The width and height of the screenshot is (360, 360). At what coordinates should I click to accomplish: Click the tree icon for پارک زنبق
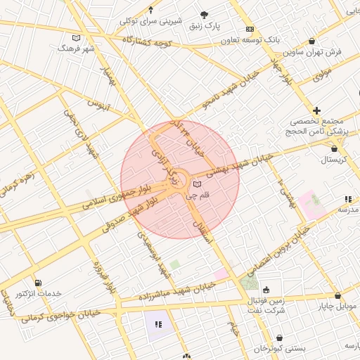click(x=204, y=15)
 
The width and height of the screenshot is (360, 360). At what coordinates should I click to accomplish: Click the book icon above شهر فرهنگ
click(x=76, y=38)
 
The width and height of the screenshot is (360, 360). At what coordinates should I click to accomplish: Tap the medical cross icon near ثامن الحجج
click(x=317, y=110)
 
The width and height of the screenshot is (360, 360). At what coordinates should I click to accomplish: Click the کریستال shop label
click(x=320, y=160)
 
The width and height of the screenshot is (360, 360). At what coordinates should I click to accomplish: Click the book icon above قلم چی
click(x=196, y=184)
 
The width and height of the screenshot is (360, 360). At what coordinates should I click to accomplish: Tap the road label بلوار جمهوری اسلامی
click(x=116, y=196)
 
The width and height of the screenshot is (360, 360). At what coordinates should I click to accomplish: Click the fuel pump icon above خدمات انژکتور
click(x=37, y=283)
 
